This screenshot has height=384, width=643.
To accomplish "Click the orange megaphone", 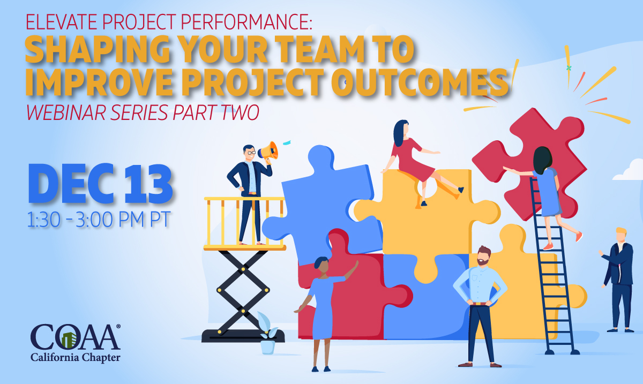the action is pos(268,151).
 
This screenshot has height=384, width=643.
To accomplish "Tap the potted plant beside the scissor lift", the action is pos(267,334).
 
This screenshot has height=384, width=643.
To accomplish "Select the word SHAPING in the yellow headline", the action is pos(98,49).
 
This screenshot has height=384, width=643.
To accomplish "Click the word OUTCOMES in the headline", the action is pos(420,82).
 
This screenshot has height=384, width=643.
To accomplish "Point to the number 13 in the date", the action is pos(148,184).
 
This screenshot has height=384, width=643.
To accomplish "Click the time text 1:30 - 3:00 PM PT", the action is pos(99,220).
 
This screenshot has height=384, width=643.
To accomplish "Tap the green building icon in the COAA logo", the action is pos(70,340).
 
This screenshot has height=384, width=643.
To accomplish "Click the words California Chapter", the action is pos(76,358).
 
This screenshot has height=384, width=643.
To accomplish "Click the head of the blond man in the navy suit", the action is pos(621,235).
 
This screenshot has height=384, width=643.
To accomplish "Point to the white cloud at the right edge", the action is pos(629,170).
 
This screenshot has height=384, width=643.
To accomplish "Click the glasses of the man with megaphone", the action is pos(250,153).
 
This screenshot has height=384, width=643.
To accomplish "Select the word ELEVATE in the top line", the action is pos(62,21).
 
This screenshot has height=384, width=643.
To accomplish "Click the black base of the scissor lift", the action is pos(243,336).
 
